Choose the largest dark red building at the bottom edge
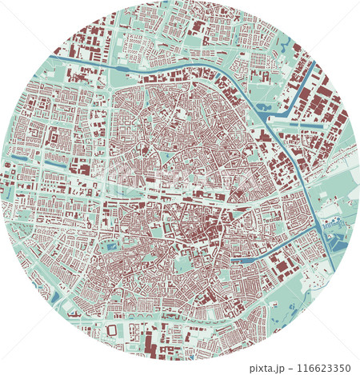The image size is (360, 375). point(149,345)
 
